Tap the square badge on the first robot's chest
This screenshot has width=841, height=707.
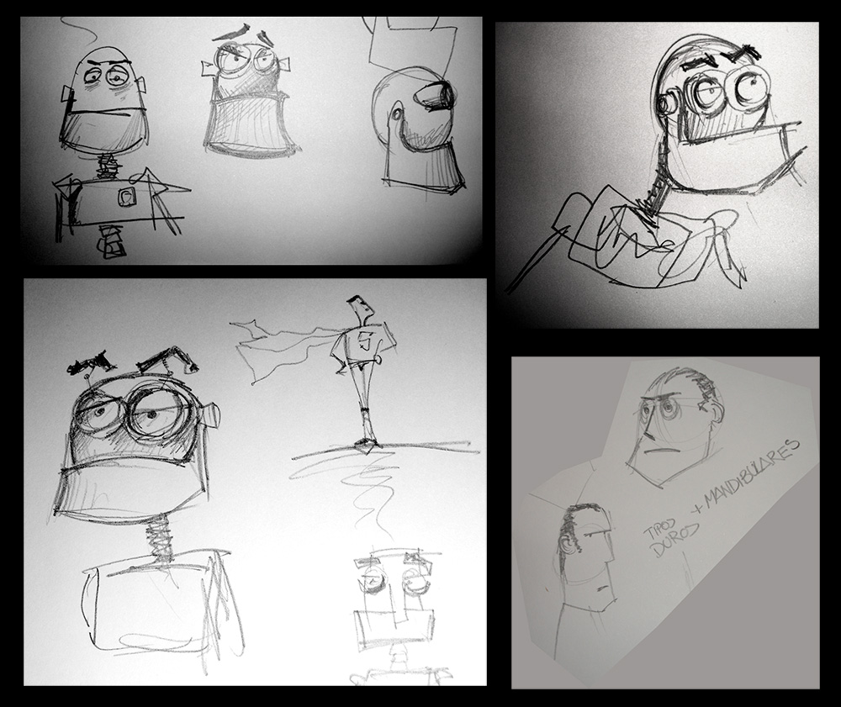tap(128, 198)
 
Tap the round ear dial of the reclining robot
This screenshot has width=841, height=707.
tap(668, 104)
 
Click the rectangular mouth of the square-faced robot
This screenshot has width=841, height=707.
tap(393, 625)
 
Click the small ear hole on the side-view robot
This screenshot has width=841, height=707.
tap(396, 113)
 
